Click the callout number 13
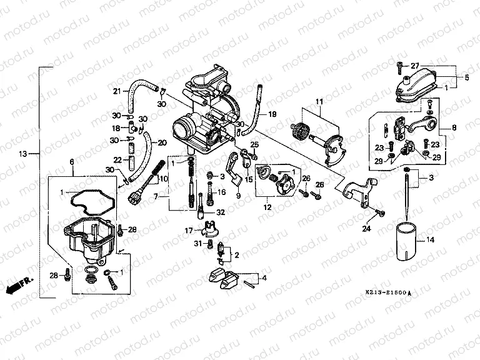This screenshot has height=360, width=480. pos(22,153)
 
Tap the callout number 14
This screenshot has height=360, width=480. pos(429,240)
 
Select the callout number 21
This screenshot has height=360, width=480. pos(116,92)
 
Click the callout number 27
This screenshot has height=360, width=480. pos(414,66)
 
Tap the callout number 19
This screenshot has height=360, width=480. pos(271,114)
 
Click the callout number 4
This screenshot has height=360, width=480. pos(264,277)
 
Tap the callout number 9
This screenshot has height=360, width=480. pos(238,196)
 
